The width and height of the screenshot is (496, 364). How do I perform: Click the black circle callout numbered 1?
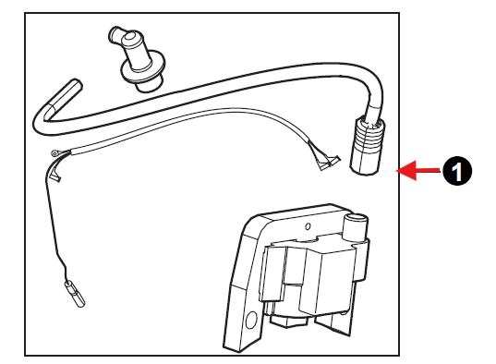[x=457, y=171]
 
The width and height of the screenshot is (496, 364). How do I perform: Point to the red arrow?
[x=417, y=171]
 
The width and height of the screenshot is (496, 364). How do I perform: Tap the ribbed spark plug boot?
[x=368, y=145]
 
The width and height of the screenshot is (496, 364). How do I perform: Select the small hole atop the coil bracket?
[x=308, y=226]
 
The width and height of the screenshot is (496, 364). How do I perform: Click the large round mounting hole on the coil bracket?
[x=252, y=320]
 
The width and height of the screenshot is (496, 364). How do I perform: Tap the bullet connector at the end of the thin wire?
[x=75, y=294]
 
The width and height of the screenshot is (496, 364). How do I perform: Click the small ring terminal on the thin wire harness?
[x=54, y=154]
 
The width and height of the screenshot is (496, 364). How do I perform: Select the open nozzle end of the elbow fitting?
[x=115, y=34]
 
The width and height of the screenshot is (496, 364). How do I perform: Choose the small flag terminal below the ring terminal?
[x=55, y=178]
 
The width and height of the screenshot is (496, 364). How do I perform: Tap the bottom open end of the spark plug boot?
[x=364, y=170]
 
